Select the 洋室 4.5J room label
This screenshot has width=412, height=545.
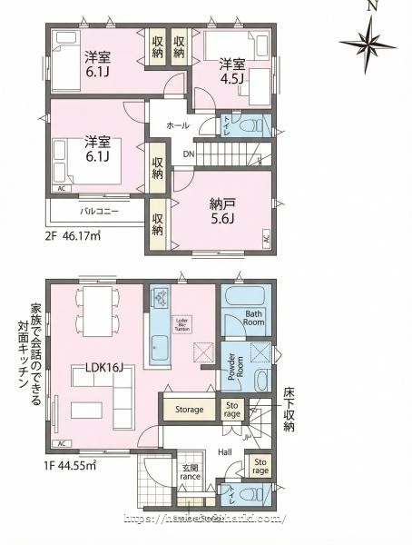(x=231, y=70)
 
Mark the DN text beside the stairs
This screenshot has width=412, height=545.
(x=188, y=154)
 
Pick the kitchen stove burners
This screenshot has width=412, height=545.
(x=161, y=296)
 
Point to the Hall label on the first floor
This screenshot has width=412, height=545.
(x=224, y=451)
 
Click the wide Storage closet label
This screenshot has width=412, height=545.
(x=190, y=410)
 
